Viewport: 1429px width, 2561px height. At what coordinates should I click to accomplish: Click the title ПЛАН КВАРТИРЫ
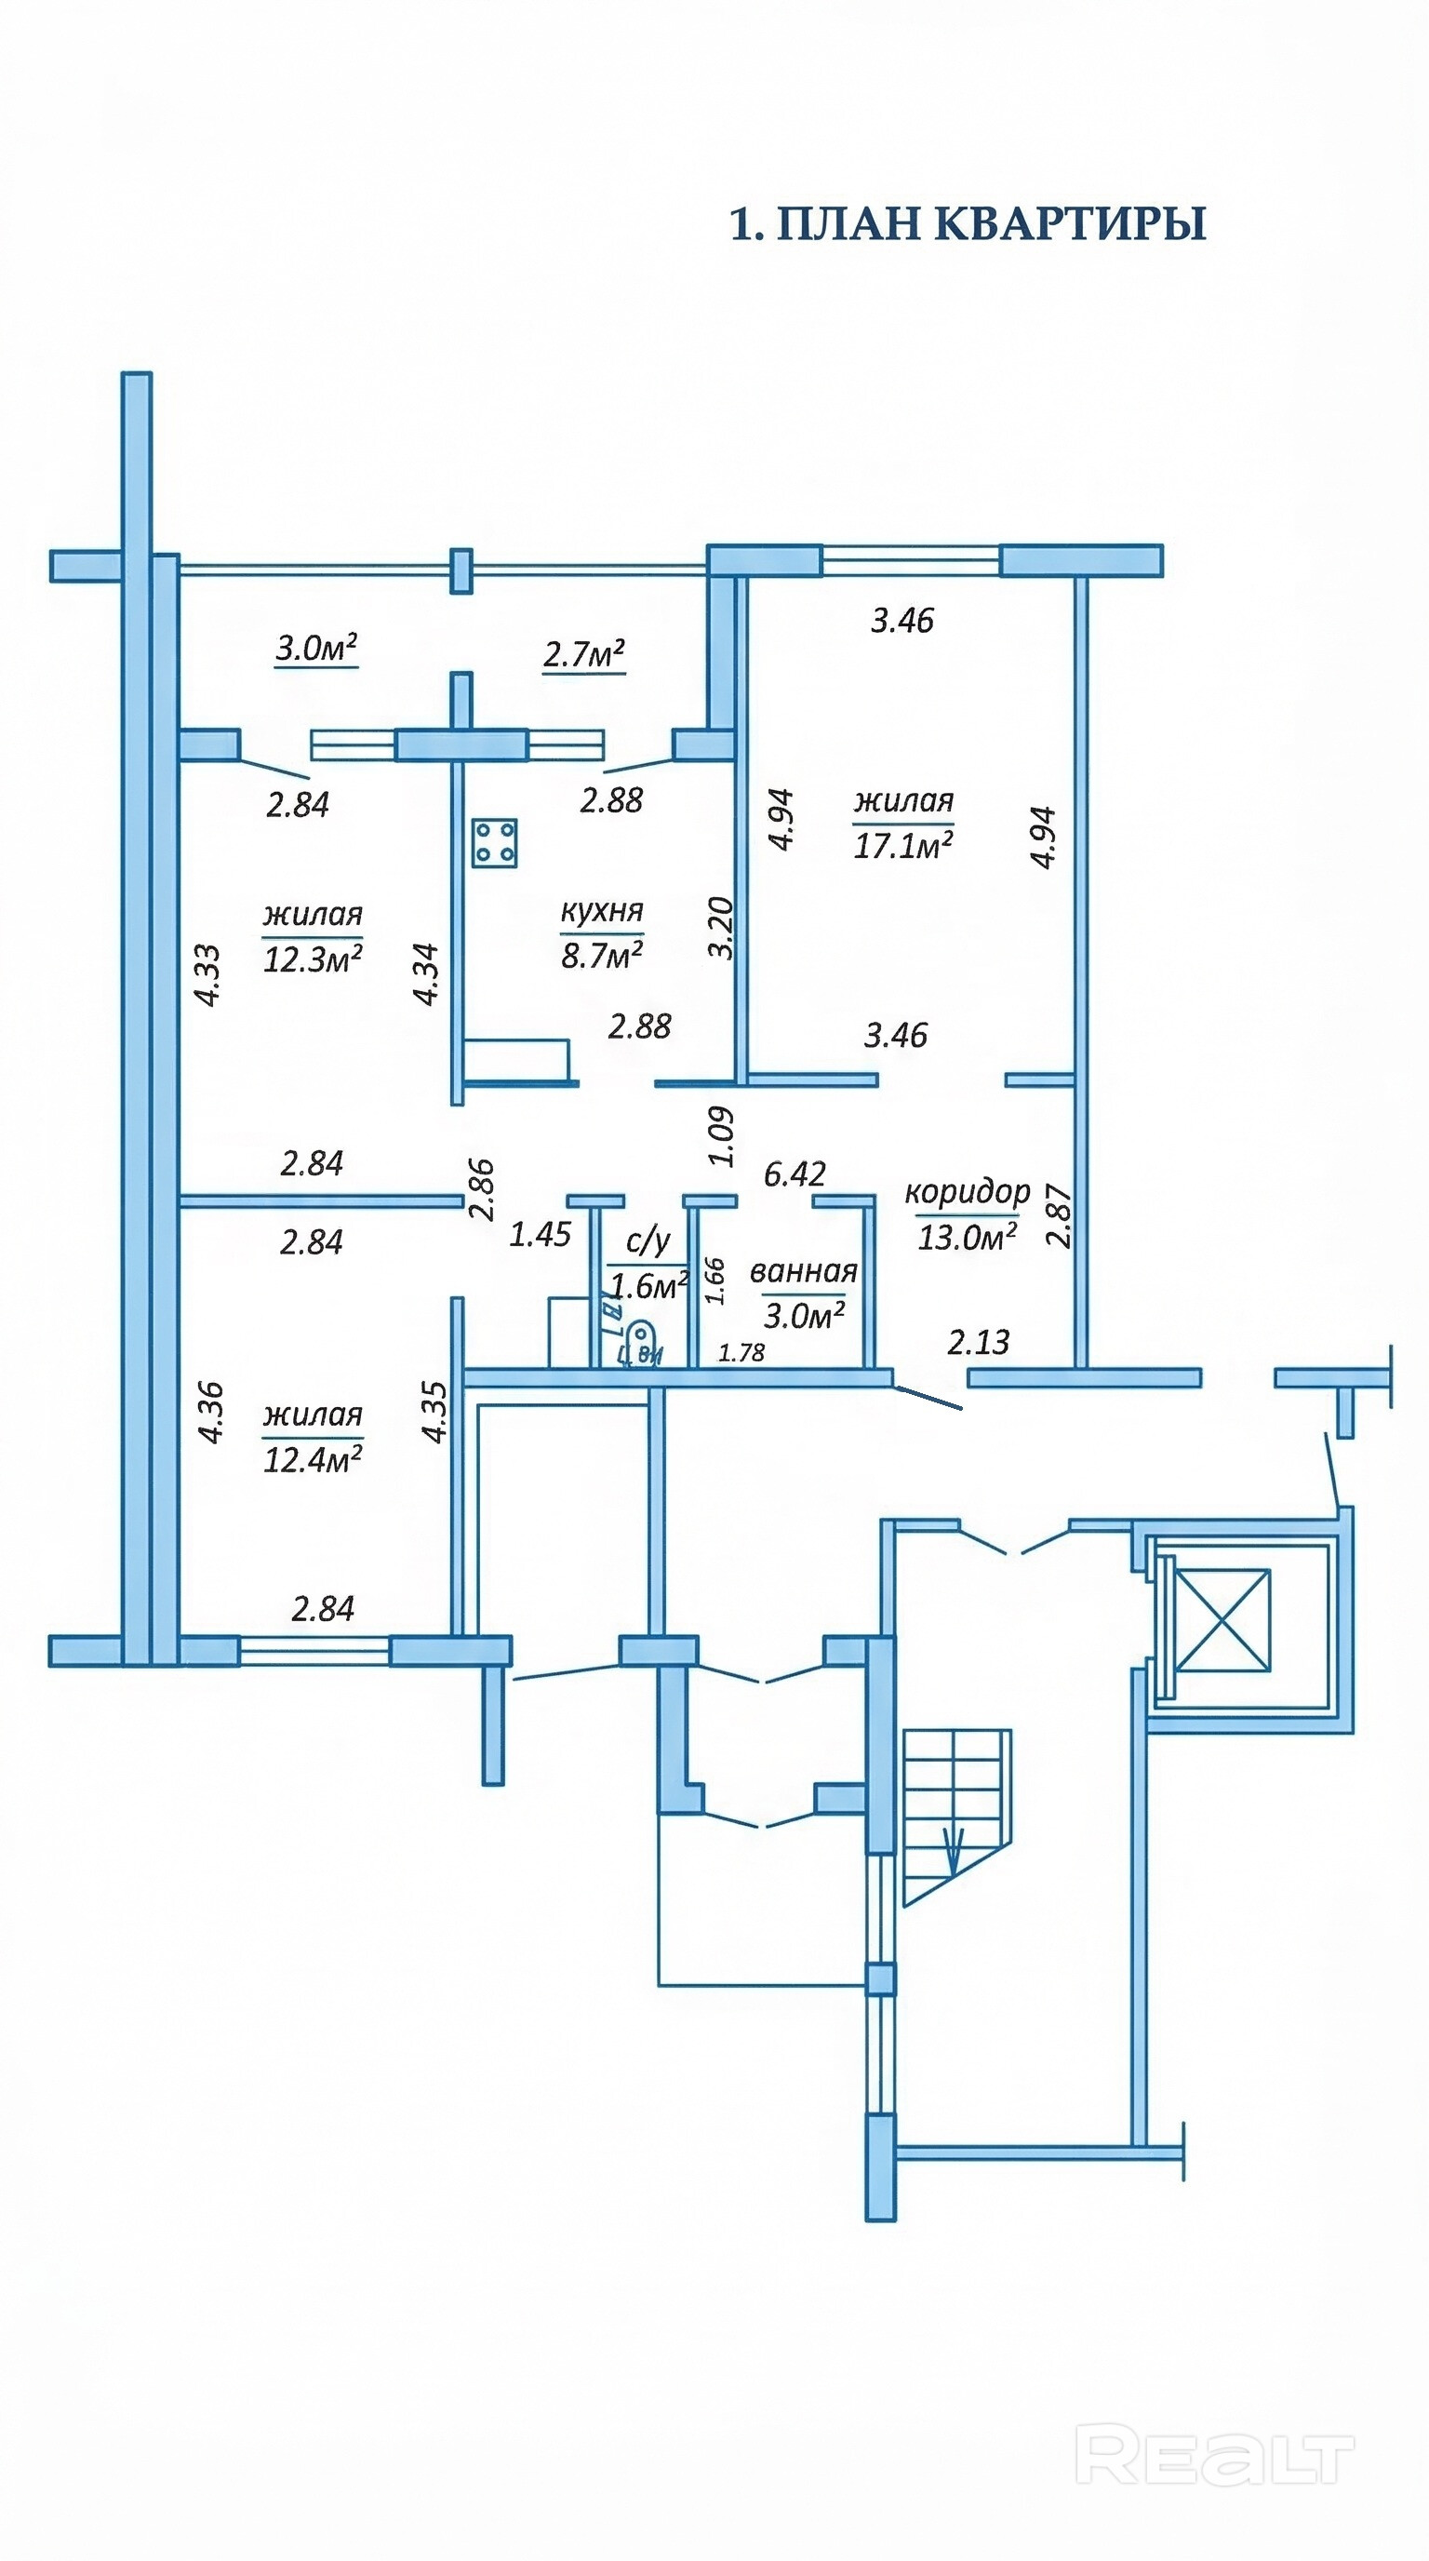(x=968, y=223)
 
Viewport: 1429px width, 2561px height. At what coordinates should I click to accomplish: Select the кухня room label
(x=602, y=910)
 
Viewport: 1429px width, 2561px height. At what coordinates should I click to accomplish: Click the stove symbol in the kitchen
(x=495, y=842)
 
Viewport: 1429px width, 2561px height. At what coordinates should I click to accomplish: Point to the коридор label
(x=967, y=1191)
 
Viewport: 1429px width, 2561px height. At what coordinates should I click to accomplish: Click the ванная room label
(x=803, y=1271)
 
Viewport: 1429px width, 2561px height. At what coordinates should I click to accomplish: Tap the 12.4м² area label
(x=312, y=1458)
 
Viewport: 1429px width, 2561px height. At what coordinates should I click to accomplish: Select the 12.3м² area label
(x=312, y=959)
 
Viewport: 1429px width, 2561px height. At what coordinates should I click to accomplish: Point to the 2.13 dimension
(x=978, y=1342)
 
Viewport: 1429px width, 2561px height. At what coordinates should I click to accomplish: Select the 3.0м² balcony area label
(x=316, y=650)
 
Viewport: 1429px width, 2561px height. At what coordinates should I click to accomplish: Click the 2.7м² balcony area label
(x=583, y=654)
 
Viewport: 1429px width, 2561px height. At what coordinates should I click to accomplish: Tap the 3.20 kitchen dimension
(x=723, y=927)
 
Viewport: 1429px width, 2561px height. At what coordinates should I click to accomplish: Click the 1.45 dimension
(x=540, y=1234)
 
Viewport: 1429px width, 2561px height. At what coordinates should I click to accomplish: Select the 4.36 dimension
(x=210, y=1412)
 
